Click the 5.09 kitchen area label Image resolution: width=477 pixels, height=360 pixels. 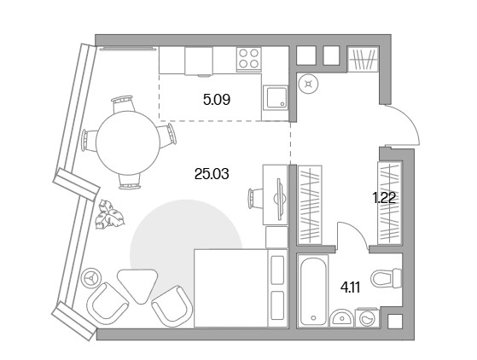pos(217,100)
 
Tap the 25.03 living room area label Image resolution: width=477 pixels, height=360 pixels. pos(212,174)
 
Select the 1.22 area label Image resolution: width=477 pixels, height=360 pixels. pos(384,198)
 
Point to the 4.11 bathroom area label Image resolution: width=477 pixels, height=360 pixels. pos(350,287)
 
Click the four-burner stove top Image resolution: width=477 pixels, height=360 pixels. pos(249,59)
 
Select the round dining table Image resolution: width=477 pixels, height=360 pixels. pos(128,143)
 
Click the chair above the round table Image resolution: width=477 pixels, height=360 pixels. pos(123,103)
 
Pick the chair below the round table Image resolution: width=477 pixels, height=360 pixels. pos(130,182)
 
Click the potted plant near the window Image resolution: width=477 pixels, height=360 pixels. pos(109,214)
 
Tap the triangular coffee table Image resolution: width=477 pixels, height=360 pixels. pos(137,285)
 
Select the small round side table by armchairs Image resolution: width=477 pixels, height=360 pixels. pos(90,277)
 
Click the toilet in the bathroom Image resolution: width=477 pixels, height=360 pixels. pos(387,277)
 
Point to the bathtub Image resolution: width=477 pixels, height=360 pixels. pos(313,290)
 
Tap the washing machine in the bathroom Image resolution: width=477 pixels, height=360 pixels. pos(368,317)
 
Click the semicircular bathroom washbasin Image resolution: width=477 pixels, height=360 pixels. pos(342,318)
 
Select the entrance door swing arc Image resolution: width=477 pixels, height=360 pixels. pos(412,118)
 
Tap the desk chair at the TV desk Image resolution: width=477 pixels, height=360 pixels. pos(255,199)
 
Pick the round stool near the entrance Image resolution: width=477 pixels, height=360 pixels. pos(309,84)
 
